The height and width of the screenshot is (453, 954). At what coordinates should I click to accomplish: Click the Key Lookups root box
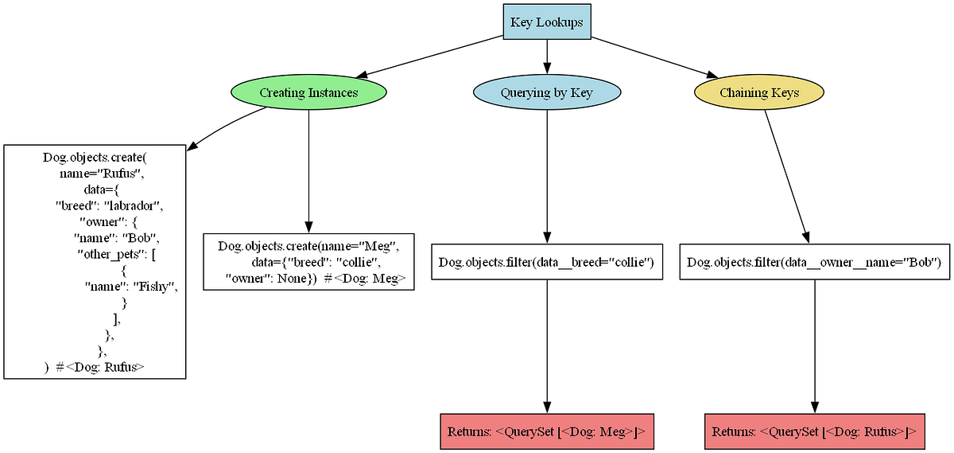[x=546, y=21]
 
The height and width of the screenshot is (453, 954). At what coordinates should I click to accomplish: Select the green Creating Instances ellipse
[x=308, y=92]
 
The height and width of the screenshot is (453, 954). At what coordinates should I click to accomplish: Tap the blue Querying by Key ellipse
[x=546, y=92]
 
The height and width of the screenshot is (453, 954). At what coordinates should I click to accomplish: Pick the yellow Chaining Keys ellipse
[x=759, y=92]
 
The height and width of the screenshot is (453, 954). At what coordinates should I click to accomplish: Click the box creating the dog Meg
[x=308, y=261]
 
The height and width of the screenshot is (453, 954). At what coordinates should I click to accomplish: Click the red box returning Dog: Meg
[x=546, y=432]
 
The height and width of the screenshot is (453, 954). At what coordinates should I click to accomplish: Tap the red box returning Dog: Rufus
[x=814, y=432]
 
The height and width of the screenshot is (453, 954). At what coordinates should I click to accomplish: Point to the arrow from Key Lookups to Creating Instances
[x=429, y=56]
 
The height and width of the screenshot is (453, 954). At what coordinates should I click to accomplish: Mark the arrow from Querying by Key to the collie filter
[x=546, y=175]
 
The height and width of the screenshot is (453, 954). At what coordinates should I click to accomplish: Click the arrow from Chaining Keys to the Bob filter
[x=787, y=175]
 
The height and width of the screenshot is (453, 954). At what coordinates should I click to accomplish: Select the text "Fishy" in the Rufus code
[x=154, y=287]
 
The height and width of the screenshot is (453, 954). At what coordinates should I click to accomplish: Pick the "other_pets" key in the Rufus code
[x=108, y=254]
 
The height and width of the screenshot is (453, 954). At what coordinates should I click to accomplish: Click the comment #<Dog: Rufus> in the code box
[x=101, y=368]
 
